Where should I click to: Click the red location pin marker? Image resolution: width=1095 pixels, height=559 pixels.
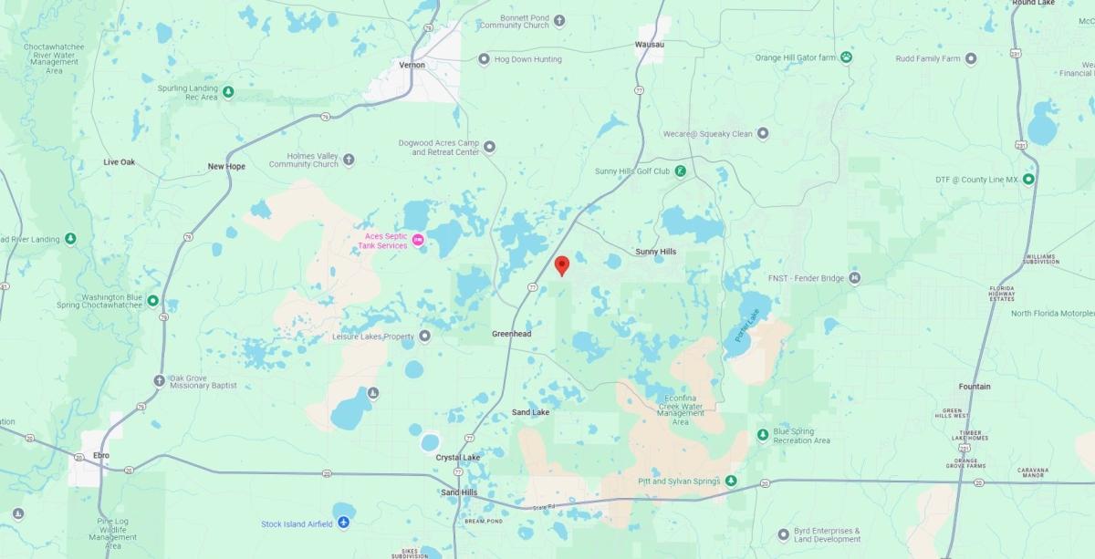[562, 264]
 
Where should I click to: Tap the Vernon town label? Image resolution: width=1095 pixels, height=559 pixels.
[412, 65]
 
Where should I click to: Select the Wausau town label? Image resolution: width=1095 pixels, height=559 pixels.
[649, 44]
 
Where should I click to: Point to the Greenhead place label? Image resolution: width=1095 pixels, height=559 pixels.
[511, 334]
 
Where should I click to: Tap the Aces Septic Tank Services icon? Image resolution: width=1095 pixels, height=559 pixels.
[419, 239]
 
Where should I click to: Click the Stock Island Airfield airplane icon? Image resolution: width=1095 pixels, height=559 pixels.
[343, 523]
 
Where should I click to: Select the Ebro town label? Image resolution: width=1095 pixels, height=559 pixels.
[100, 454]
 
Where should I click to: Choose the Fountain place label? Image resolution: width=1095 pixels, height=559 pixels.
[975, 387]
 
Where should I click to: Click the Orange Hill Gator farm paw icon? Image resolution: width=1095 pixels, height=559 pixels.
[848, 57]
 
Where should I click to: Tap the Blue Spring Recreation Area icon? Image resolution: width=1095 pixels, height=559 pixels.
[763, 434]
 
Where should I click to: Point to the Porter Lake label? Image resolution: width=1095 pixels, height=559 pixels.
[746, 326]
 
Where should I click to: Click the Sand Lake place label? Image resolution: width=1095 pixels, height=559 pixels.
[530, 412]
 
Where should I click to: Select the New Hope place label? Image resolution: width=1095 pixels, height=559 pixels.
[226, 166]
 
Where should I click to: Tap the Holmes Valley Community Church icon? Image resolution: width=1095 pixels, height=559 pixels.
[349, 160]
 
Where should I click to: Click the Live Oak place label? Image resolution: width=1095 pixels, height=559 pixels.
[120, 161]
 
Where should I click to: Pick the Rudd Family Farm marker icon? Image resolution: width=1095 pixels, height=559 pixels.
[971, 58]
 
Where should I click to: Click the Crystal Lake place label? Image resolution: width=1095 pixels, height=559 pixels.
[457, 457]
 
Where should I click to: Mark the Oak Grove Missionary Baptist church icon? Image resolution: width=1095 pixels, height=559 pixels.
[160, 381]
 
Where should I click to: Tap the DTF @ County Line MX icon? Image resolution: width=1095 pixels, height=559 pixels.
[1028, 179]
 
